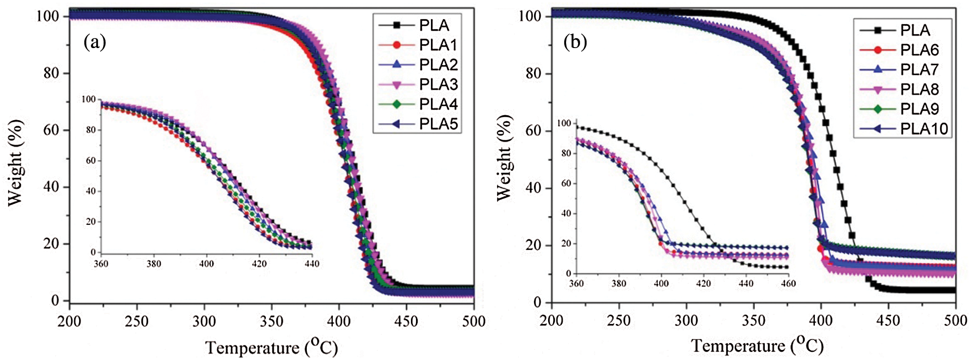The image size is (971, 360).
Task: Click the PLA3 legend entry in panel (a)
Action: (438, 85)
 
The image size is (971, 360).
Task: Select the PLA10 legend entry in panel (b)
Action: (924, 129)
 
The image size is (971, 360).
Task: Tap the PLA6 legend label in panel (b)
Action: (919, 50)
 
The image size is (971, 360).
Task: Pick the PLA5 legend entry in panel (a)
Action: (438, 124)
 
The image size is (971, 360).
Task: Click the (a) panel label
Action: (95, 42)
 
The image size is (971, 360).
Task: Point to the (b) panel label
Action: (575, 42)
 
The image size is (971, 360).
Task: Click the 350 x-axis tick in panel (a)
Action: (271, 321)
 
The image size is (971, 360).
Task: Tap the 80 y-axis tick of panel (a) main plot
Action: (51, 73)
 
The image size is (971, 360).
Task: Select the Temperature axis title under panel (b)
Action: (757, 345)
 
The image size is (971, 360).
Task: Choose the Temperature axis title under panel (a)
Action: (271, 347)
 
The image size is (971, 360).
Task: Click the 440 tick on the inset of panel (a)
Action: (312, 264)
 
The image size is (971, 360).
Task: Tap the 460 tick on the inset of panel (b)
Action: (788, 284)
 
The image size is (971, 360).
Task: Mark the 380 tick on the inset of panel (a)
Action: (154, 264)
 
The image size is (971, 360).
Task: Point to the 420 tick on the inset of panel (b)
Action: (703, 284)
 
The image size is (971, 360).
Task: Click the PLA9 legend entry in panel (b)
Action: (919, 109)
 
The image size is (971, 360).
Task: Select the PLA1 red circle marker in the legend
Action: (397, 45)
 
